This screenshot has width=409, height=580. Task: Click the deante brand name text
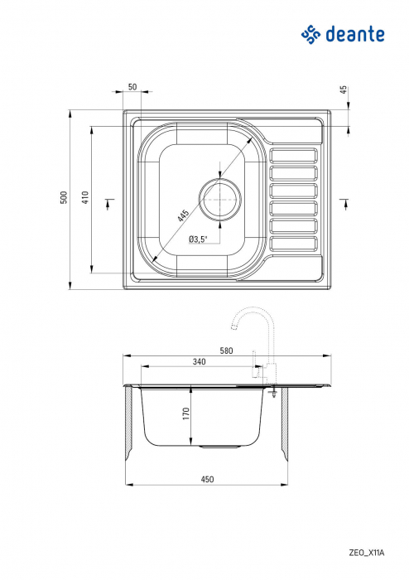(354, 35)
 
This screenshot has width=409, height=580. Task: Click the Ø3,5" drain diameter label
(198, 239)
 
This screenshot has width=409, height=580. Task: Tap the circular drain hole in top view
(219, 199)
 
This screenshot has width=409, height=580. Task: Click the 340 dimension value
(199, 362)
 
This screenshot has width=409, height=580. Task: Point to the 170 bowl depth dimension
(187, 412)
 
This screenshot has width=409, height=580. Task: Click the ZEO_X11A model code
(364, 550)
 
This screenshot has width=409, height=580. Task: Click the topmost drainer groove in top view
(294, 154)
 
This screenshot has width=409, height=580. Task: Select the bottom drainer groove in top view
(294, 244)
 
